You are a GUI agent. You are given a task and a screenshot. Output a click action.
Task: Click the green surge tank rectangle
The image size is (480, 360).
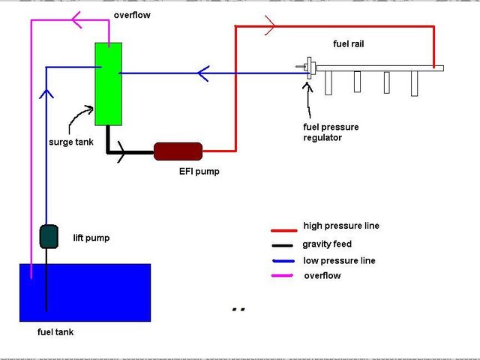[108, 83]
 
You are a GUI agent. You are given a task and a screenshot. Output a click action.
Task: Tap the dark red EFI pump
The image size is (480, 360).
[178, 151]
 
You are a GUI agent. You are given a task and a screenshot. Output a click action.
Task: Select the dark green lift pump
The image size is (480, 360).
[49, 236]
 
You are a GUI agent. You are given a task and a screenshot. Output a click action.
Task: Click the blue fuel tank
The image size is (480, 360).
[85, 292]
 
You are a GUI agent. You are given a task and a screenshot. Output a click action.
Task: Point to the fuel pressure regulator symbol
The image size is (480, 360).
[307, 68]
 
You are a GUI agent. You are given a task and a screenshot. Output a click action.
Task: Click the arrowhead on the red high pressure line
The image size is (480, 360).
[270, 27]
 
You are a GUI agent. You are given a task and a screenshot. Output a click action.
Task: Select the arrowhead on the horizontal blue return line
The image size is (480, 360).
[202, 73]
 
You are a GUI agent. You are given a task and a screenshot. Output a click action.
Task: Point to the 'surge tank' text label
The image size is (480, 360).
[71, 142]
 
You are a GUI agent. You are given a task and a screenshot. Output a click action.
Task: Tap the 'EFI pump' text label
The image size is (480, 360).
[200, 171]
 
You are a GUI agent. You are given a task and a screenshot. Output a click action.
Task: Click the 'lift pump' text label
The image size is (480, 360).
[91, 238]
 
